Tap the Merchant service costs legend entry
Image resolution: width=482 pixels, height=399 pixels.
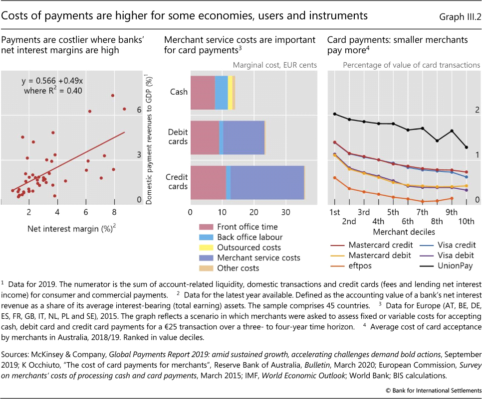coord(258,258)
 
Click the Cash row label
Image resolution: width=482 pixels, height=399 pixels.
coord(179,92)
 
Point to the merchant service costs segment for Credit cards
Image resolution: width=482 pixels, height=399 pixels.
coord(267,182)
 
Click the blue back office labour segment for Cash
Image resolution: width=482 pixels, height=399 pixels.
coord(221,92)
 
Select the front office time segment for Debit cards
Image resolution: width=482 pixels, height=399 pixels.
coord(205,137)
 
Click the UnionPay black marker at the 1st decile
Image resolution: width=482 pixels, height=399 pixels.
coord(335,114)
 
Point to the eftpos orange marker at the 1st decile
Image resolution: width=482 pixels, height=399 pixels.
coord(335,178)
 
